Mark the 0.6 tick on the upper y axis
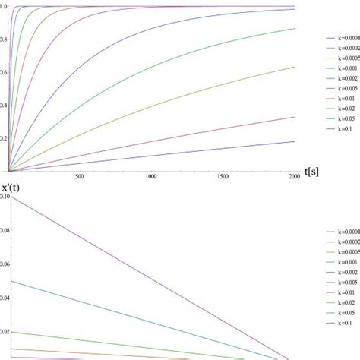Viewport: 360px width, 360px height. pyautogui.click(x=3, y=72)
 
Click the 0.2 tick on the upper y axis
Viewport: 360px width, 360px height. pyautogui.click(x=3, y=138)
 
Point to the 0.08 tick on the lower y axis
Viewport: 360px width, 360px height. pyautogui.click(x=4, y=230)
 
